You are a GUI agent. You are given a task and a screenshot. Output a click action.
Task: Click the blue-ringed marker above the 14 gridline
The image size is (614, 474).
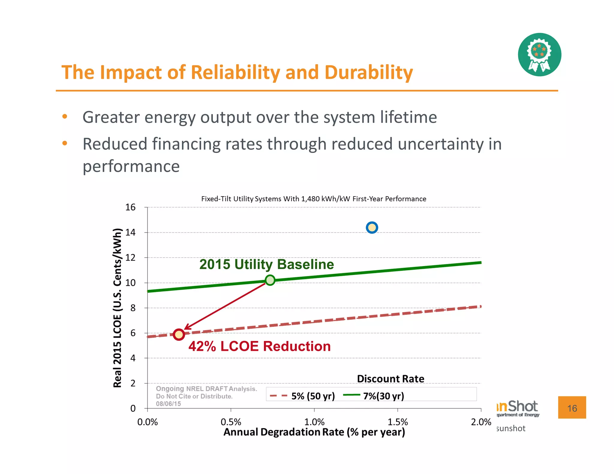click(372, 228)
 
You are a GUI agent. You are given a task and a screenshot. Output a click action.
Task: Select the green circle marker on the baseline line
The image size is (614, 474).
click(270, 280)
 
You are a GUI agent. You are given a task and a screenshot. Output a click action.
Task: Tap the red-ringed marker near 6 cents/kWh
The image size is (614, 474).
click(179, 334)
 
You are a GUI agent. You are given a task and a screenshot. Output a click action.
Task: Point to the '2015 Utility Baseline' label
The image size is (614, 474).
click(267, 264)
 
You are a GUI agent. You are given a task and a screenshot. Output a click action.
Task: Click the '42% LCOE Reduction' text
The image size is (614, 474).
click(259, 346)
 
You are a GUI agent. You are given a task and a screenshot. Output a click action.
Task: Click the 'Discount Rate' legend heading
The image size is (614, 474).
click(390, 379)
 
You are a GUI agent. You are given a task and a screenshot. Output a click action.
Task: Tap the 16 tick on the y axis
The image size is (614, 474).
click(130, 207)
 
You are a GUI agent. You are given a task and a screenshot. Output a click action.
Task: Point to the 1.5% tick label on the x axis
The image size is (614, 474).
click(398, 422)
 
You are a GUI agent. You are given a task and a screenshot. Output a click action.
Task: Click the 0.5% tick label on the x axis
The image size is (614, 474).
click(231, 422)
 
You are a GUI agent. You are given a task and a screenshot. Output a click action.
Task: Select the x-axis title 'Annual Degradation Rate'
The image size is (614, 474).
click(314, 432)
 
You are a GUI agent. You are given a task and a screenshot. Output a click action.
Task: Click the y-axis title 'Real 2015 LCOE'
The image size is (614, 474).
click(118, 308)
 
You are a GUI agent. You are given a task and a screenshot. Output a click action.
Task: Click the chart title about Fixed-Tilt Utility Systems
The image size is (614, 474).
click(314, 199)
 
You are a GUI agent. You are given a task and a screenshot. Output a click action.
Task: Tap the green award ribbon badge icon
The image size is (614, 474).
click(539, 55)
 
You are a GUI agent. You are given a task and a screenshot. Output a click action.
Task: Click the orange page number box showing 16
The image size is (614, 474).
click(572, 407)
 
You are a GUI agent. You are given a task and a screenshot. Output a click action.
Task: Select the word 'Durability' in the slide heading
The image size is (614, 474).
click(369, 73)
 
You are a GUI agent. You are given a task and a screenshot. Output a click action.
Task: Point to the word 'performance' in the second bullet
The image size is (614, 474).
click(131, 167)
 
